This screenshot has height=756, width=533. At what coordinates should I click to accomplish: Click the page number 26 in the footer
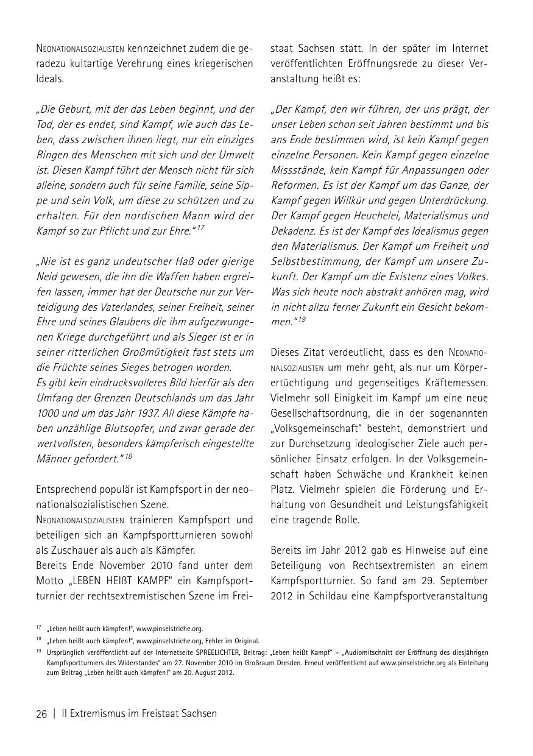(x=41, y=713)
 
